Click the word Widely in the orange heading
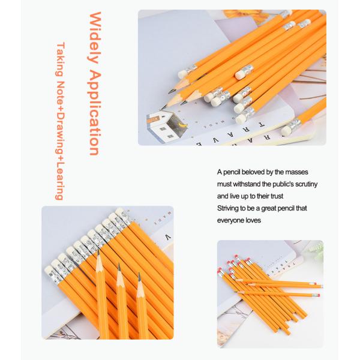click(x=95, y=38)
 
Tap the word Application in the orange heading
click(x=95, y=113)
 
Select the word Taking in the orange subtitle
click(x=60, y=59)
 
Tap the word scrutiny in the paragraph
click(x=306, y=184)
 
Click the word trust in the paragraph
click(x=277, y=196)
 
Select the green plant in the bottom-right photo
click(x=315, y=250)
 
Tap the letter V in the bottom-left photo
click(x=169, y=237)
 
